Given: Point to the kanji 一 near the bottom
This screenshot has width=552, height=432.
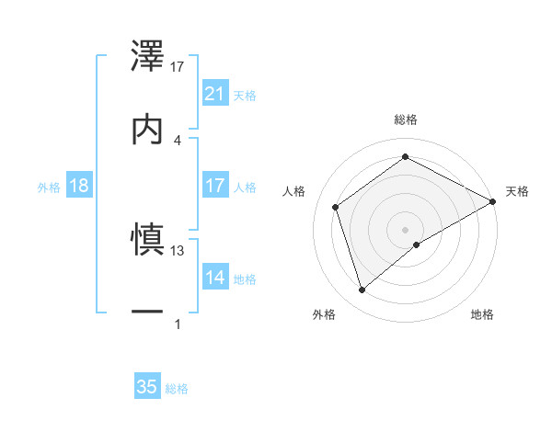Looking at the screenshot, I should [x=148, y=313].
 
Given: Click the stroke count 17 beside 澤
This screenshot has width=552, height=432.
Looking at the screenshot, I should [x=178, y=66].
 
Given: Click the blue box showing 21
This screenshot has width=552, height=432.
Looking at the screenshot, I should [x=215, y=94].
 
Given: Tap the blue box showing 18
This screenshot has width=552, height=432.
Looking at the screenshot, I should [x=79, y=186].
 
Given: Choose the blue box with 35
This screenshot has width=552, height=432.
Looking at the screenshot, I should [x=147, y=387].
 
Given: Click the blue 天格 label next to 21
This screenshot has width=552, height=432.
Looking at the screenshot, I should [x=244, y=95].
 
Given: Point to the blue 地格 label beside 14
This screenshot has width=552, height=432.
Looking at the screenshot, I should [x=244, y=279].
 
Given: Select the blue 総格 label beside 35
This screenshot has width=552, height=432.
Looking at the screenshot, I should [x=177, y=388].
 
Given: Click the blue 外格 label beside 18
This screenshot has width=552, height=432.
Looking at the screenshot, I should [x=49, y=187].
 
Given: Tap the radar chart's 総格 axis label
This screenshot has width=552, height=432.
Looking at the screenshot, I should [x=406, y=119].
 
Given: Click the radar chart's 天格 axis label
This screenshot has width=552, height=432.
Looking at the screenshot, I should [x=517, y=191].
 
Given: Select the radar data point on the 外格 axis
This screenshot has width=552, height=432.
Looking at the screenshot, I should [x=362, y=290].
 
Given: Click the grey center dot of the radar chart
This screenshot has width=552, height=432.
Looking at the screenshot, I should [x=406, y=229].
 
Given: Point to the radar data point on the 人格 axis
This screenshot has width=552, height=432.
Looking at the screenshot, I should [x=336, y=207].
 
